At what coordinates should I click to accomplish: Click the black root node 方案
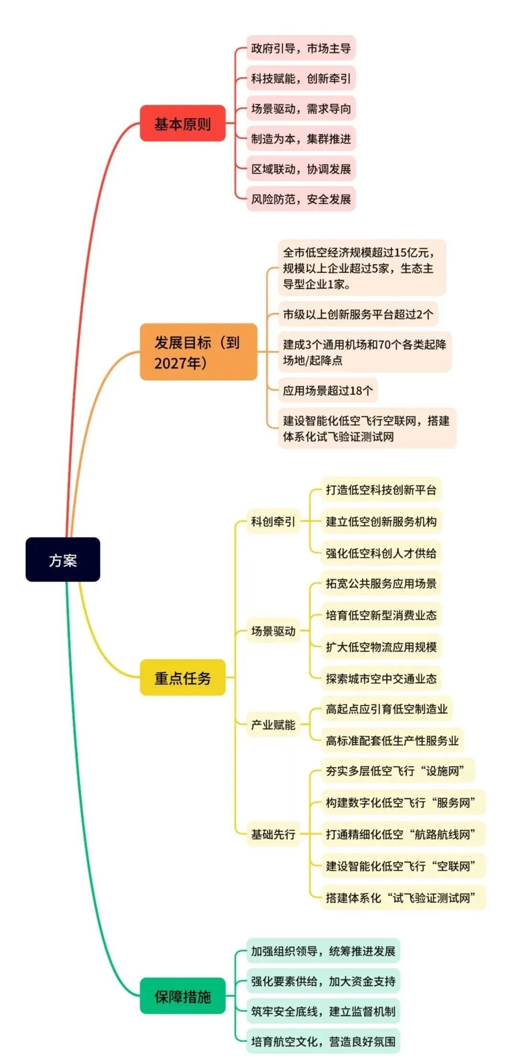pos(63,559)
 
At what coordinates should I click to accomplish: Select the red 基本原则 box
pos(182,123)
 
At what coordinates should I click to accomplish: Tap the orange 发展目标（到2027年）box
pos(198,352)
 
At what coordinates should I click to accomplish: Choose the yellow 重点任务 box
pos(182,677)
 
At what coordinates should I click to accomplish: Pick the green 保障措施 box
pos(182,997)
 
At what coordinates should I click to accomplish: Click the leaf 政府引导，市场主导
pos(301,48)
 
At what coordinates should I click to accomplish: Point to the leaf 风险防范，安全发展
pos(301,199)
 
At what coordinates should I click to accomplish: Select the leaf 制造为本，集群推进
pos(301,139)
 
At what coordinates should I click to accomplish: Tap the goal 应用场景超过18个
pos(328,390)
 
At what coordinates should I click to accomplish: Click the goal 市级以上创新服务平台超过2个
pos(358,314)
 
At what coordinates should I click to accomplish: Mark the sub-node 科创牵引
pos(273,521)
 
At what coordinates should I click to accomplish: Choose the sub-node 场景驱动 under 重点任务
pos(273,631)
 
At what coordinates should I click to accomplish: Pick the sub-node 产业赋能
pos(273,724)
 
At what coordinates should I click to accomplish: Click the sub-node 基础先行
pos(273,834)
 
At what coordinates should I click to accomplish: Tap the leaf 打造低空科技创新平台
pos(381,490)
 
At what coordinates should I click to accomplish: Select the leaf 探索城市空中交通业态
pos(381,679)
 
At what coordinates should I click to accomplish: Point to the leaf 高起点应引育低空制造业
pos(386,709)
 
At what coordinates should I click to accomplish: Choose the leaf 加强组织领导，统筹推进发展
pos(323,951)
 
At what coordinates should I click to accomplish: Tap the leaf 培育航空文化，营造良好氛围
pos(323,1041)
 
